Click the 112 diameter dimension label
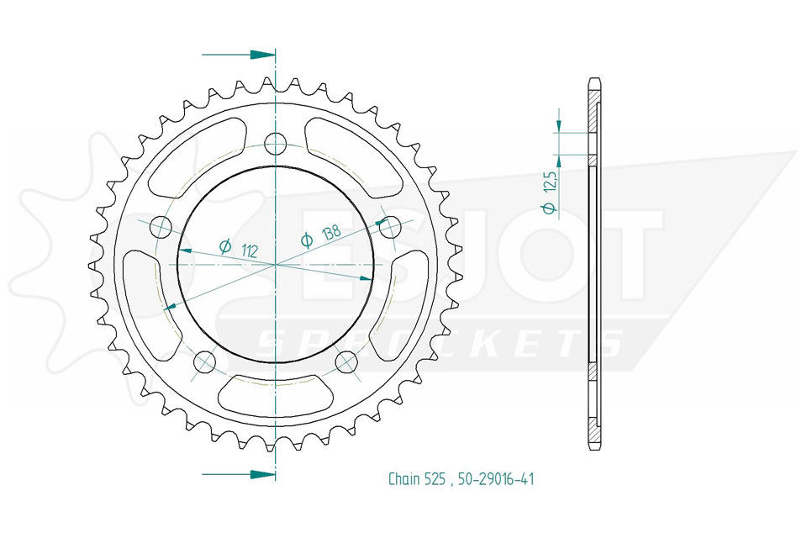pos(238,249)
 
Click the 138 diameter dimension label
pos(320,235)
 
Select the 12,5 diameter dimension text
pos(550,193)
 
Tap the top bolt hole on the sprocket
pos(276,144)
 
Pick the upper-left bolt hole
pos(160,226)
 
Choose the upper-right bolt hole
pos(391,226)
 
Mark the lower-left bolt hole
pos(205,362)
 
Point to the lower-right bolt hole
pos(346,362)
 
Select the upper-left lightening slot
pos(194,158)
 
